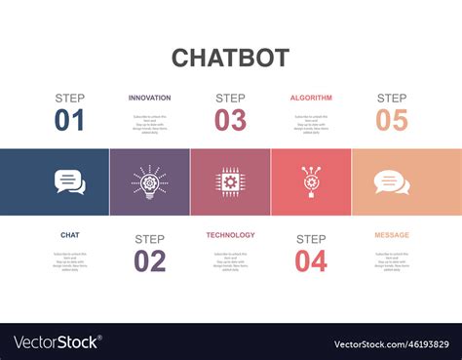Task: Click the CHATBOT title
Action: [x=230, y=57]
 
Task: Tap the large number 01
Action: [x=70, y=121]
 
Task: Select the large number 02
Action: [x=149, y=261]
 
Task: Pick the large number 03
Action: [x=230, y=121]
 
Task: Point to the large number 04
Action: [x=311, y=261]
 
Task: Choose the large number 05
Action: [x=391, y=121]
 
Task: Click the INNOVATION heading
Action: [x=149, y=98]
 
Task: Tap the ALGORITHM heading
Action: [x=311, y=98]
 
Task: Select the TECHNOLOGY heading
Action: [x=230, y=235]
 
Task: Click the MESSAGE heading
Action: [x=392, y=235]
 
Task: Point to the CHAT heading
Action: [x=70, y=235]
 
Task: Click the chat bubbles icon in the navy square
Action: [x=70, y=182]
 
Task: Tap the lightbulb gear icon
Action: [x=150, y=182]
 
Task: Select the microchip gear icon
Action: [x=231, y=182]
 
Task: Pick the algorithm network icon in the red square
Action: [x=311, y=182]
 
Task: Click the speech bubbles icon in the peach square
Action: [x=392, y=182]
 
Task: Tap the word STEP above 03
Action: [x=230, y=98]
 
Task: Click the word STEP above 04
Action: [x=311, y=239]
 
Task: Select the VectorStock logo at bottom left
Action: [x=57, y=342]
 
